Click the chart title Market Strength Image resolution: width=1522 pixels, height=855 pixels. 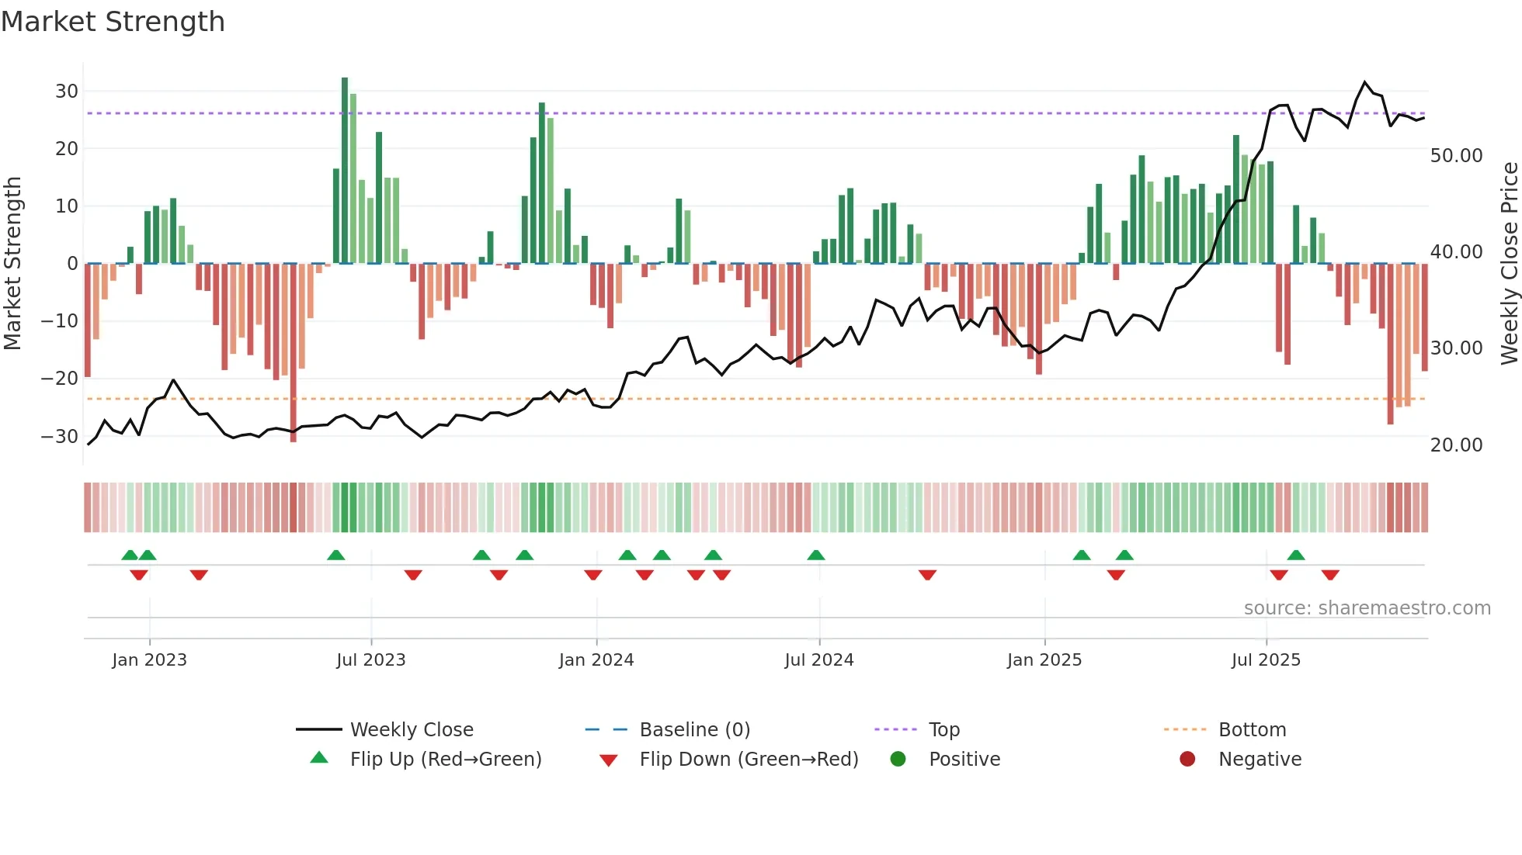pos(113,22)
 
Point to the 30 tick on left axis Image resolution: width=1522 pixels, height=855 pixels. pos(67,92)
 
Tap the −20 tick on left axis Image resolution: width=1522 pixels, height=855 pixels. pos(60,379)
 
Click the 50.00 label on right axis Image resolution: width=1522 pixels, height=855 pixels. pos(1456,156)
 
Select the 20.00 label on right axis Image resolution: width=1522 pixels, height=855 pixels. pos(1456,445)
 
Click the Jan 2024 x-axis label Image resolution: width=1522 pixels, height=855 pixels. pos(596,660)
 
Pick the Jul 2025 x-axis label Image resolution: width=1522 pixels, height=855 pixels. pos(1266,660)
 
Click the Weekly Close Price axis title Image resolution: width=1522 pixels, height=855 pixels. pos(1509,264)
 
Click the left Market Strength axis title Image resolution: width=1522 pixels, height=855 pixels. pos(12,264)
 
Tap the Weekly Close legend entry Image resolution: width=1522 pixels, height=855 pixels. pos(411,730)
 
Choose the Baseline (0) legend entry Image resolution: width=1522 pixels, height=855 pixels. pos(694,730)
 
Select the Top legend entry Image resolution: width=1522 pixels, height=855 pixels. pos(943,730)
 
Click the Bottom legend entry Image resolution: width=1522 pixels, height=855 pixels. pos(1252,730)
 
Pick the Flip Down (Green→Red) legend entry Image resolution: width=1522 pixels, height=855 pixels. pos(749,760)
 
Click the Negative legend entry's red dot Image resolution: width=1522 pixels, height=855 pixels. pos(1187,760)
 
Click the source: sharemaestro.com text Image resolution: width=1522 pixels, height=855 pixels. pos(1367,608)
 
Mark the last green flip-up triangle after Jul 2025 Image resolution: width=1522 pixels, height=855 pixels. pos(1296,556)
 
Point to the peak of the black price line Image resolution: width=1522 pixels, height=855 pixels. pos(1365,82)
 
